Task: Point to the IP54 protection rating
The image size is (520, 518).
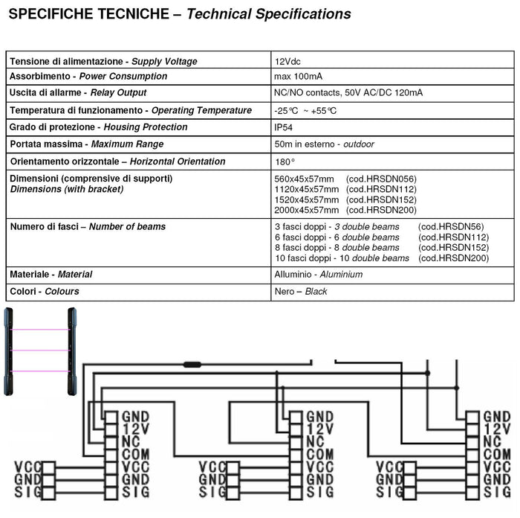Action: click(x=284, y=127)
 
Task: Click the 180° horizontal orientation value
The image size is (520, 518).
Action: click(x=285, y=161)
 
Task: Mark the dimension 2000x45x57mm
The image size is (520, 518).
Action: click(x=306, y=211)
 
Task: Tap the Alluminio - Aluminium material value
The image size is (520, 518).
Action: click(x=319, y=275)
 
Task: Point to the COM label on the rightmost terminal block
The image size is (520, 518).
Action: click(x=496, y=454)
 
